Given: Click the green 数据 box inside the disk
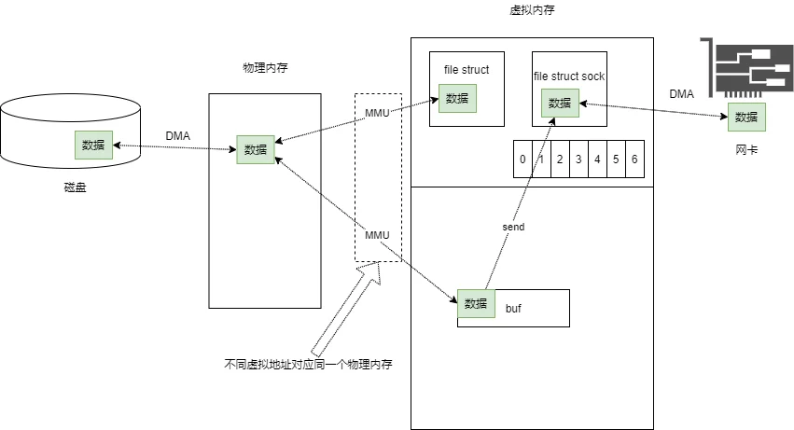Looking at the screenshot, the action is tap(93, 145).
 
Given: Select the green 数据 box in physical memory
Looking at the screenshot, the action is tap(256, 149).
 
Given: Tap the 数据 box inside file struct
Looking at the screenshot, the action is tap(457, 98).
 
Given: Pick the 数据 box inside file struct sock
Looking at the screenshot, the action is tap(560, 103).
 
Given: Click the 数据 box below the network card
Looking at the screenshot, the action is tap(746, 117).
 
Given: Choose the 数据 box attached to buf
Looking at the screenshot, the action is tap(476, 303).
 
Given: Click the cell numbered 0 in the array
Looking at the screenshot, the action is tap(522, 159).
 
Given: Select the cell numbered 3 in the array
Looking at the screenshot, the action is tap(578, 159).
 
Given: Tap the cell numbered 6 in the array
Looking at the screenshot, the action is tap(635, 159).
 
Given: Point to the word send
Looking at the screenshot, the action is tap(513, 227).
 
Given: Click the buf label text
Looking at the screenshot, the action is tap(513, 309).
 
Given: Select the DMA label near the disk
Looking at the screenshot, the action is tap(177, 136).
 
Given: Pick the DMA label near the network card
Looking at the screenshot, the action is tap(682, 93).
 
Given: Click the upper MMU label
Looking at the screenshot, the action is tap(377, 113).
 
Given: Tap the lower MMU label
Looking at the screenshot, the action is tap(377, 235).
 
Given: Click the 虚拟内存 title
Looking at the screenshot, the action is tap(532, 10).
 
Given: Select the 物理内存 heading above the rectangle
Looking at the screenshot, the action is tap(265, 67).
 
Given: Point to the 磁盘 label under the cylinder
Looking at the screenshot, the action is tap(75, 187).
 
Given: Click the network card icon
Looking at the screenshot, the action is tap(747, 67).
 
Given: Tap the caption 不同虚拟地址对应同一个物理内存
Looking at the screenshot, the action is tap(309, 364).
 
